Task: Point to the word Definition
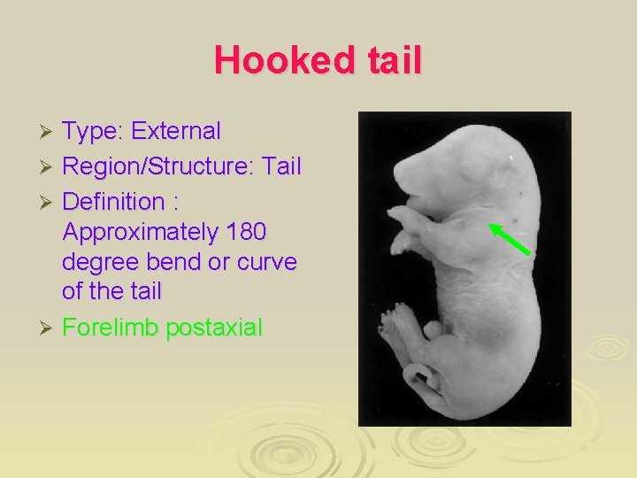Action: click(x=112, y=201)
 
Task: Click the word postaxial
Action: click(x=217, y=328)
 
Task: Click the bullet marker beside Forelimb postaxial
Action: click(x=50, y=328)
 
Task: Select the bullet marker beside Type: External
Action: click(x=50, y=133)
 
